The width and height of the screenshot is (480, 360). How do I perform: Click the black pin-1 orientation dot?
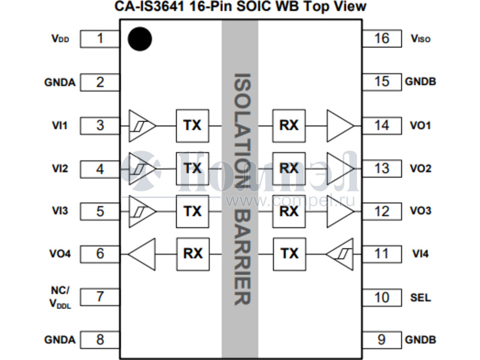140,39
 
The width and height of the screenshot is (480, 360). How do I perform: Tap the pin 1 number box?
100,39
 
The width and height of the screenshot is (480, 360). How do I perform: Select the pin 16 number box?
382,39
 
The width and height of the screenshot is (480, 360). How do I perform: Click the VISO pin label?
421,39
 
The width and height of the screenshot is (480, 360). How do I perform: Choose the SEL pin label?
420,298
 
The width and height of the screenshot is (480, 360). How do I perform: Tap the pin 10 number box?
382,297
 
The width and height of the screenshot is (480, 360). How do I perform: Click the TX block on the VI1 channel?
192,125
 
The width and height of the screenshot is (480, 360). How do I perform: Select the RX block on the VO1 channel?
289,125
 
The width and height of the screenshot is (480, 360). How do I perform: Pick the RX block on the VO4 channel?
192,254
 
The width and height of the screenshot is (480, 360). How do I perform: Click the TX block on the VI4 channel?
289,254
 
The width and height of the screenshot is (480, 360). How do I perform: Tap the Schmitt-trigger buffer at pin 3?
142,125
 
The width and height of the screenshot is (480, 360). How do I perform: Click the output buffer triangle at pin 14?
340,125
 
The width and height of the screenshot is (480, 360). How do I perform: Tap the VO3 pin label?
420,211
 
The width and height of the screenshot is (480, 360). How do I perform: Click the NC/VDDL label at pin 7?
60,297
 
